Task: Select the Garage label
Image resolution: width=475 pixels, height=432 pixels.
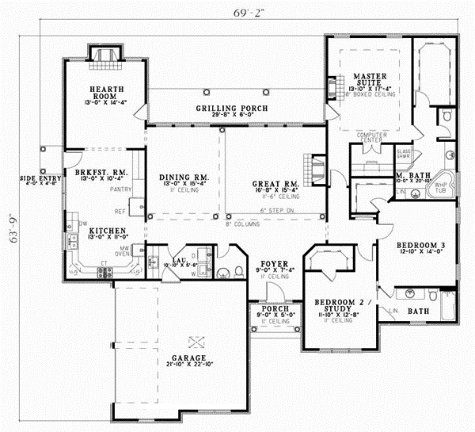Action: tap(187, 357)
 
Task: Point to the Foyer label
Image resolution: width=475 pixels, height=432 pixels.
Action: tap(274, 262)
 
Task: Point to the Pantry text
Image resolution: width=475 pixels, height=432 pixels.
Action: tap(121, 189)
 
